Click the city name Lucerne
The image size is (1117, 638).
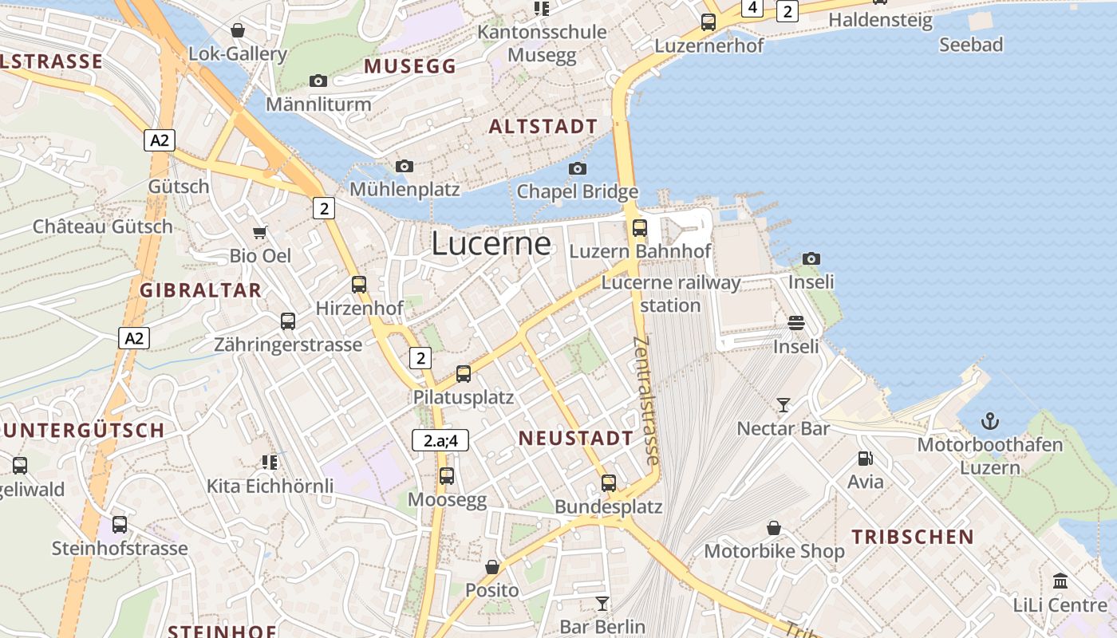(x=491, y=244)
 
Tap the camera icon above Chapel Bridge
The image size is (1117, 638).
(x=578, y=168)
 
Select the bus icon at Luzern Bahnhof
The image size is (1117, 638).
(x=640, y=228)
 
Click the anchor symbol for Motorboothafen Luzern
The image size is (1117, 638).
(x=989, y=420)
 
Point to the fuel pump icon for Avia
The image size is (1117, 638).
(x=865, y=459)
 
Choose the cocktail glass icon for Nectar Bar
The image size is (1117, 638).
(x=783, y=405)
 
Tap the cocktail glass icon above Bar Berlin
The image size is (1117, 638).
(x=602, y=603)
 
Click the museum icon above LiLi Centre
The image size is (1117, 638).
(x=1060, y=581)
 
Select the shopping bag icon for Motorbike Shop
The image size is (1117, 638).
(x=773, y=528)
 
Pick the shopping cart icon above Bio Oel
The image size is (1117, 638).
(x=260, y=233)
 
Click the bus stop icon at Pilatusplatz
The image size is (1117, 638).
(x=464, y=373)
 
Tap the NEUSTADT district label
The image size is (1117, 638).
(x=575, y=438)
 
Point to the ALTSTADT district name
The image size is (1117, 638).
(x=543, y=127)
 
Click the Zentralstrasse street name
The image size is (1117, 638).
(x=646, y=400)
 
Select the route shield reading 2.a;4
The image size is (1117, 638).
(x=440, y=440)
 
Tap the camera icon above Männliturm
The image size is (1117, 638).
(x=318, y=81)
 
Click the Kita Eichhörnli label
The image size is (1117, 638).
(x=270, y=486)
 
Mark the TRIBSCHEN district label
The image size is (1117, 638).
(x=912, y=537)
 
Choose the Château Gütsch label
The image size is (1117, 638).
(x=102, y=226)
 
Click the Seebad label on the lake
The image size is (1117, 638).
(x=970, y=45)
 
